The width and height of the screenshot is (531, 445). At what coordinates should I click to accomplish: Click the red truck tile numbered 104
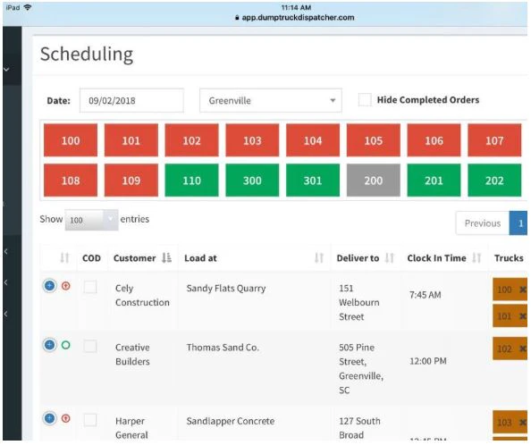(313, 140)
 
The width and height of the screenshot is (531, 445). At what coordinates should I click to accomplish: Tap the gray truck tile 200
(373, 180)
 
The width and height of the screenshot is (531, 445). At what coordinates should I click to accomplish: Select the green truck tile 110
(191, 180)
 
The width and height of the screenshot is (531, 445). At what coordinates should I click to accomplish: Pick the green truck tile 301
(313, 180)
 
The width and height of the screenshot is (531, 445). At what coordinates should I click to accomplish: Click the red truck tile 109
(131, 180)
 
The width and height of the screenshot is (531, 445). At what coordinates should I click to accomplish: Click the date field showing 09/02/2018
(131, 100)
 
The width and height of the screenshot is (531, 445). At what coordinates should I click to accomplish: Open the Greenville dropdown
(271, 100)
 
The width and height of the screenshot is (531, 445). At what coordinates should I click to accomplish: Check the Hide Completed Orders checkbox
(365, 100)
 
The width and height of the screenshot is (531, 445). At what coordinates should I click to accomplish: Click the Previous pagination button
(482, 223)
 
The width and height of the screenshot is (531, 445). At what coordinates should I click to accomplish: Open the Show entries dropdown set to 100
(91, 220)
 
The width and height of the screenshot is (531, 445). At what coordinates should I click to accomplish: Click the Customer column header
(134, 258)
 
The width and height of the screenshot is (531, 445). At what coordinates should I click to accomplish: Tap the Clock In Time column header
(436, 258)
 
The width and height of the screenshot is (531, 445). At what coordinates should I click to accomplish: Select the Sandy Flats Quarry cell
(226, 289)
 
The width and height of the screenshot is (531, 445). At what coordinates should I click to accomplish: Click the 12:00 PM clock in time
(428, 361)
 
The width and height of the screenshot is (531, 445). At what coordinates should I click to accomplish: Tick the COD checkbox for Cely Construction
(90, 287)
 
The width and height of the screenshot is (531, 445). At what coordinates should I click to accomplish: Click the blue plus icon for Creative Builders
(49, 345)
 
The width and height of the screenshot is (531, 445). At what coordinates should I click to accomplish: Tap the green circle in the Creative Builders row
(65, 345)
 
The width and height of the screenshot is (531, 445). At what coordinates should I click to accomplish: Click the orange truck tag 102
(510, 348)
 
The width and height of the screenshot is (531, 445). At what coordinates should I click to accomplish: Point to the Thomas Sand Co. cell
(223, 348)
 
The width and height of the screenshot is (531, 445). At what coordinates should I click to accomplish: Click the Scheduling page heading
(87, 55)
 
